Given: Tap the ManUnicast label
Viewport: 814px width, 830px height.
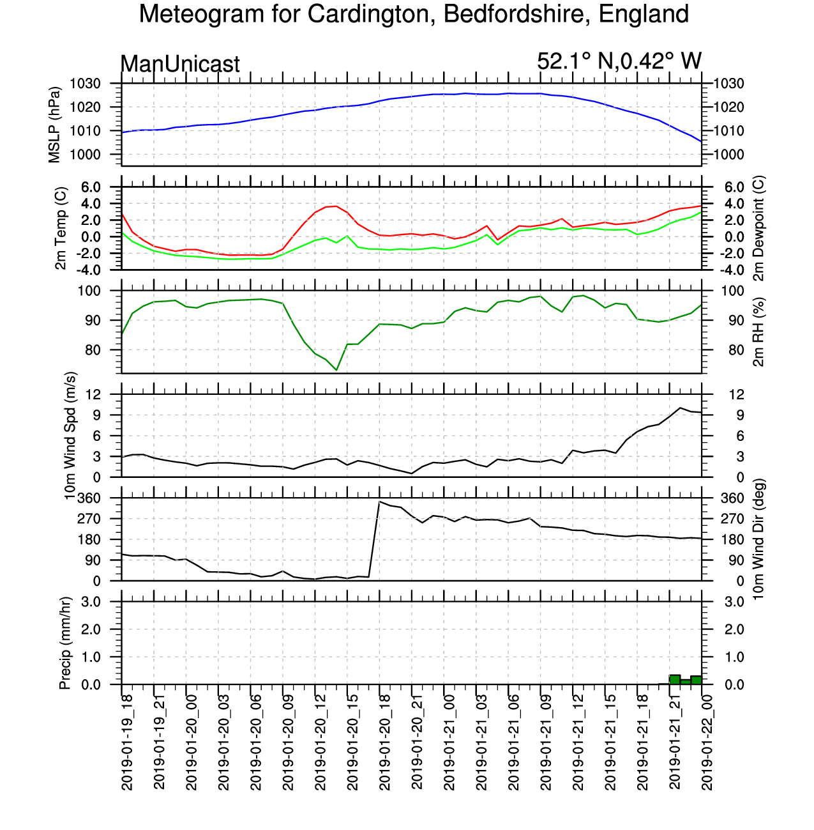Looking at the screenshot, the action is point(179,64).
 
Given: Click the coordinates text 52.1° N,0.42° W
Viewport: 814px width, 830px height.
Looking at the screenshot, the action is point(619,61).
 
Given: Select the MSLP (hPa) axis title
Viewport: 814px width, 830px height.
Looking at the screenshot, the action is point(54,125).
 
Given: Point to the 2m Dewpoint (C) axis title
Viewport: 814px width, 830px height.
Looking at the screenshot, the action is point(758,228).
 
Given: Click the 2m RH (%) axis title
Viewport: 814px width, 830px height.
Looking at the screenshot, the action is point(758,332).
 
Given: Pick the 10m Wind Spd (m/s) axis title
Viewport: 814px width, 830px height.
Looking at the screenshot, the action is point(70,436).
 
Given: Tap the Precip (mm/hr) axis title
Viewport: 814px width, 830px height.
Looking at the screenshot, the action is point(64,643).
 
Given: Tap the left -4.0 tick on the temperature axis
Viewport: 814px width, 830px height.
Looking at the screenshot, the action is point(89,270).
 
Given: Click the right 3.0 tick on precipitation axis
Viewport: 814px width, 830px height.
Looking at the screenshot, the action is point(734,602).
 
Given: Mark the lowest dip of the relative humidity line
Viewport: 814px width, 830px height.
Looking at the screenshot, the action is point(336,370).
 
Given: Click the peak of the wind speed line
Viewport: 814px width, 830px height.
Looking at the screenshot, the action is point(680,408).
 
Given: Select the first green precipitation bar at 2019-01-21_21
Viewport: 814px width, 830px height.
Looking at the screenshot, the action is point(675,680).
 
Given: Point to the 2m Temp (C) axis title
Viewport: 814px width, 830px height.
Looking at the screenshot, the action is point(61,228).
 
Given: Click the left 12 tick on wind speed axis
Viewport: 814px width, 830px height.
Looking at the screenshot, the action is point(94,394).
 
